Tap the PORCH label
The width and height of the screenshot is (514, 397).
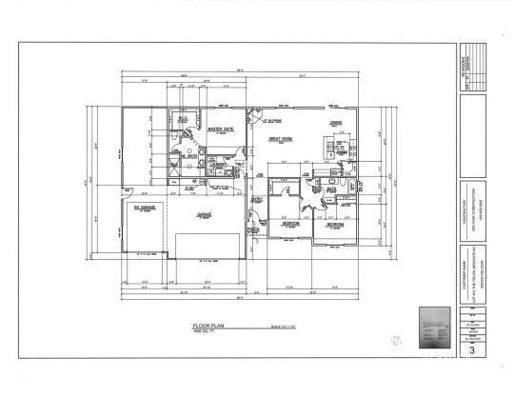click(254, 228)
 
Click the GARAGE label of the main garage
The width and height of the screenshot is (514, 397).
click(205, 215)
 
